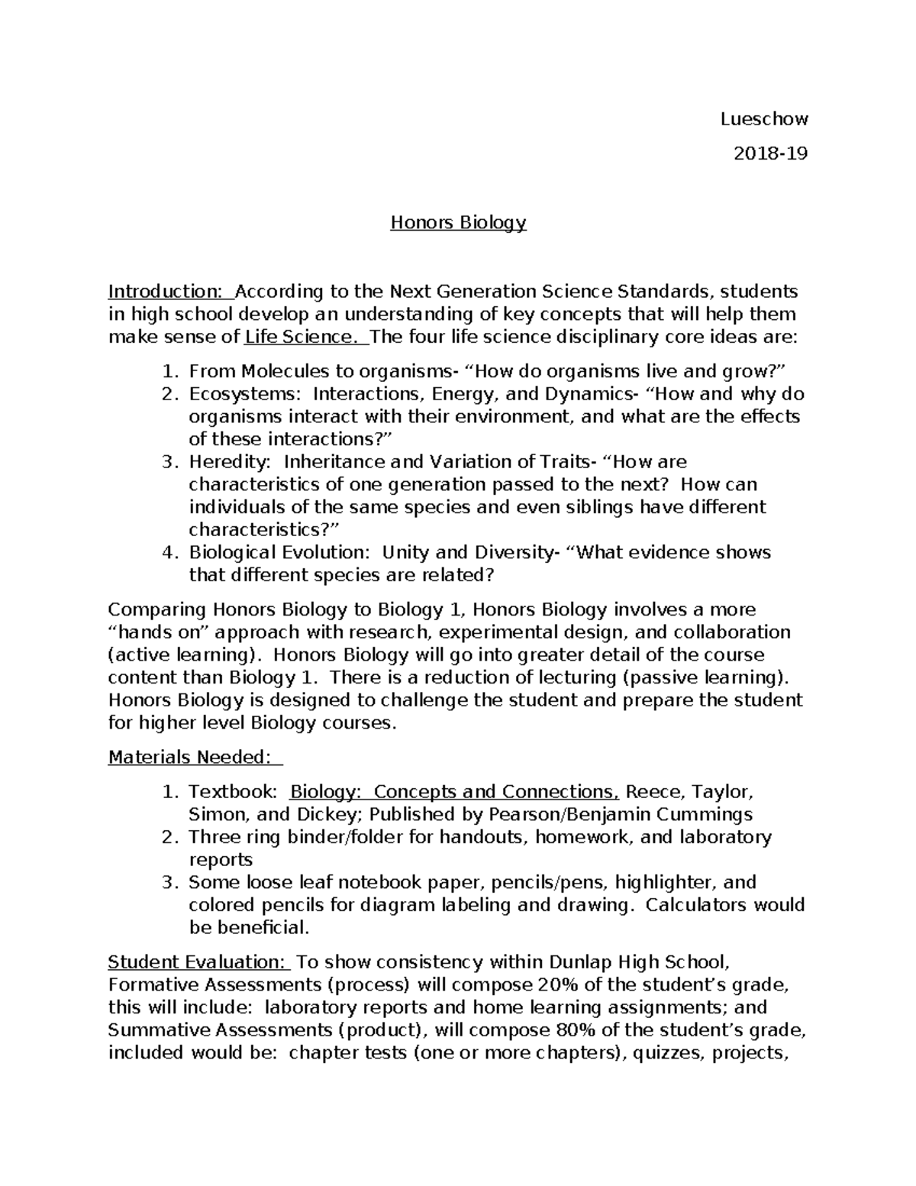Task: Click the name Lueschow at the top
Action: (x=764, y=119)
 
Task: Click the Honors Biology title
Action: (x=458, y=222)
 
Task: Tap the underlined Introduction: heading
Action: (x=165, y=291)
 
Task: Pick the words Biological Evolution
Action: (x=279, y=552)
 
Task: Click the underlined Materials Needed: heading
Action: (x=190, y=757)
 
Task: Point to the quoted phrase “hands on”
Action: (x=159, y=632)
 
